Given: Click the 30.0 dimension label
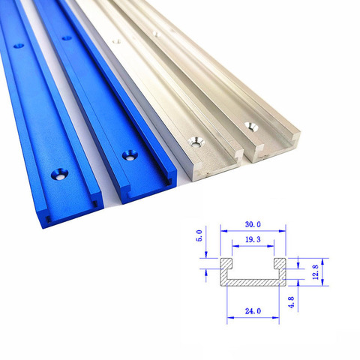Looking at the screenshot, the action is [x=253, y=224].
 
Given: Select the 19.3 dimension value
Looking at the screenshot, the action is [x=253, y=239].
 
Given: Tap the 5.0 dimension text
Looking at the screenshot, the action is [x=199, y=235].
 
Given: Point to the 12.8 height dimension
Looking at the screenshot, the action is [x=316, y=272].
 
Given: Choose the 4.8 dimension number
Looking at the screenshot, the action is [x=291, y=302].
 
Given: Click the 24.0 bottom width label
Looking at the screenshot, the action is [x=253, y=311].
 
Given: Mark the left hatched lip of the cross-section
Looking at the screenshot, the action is [x=226, y=264].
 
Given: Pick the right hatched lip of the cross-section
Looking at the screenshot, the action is [x=280, y=264].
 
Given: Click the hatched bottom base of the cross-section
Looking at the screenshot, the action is [x=253, y=283].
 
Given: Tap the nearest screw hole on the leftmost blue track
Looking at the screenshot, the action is [x=59, y=174].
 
